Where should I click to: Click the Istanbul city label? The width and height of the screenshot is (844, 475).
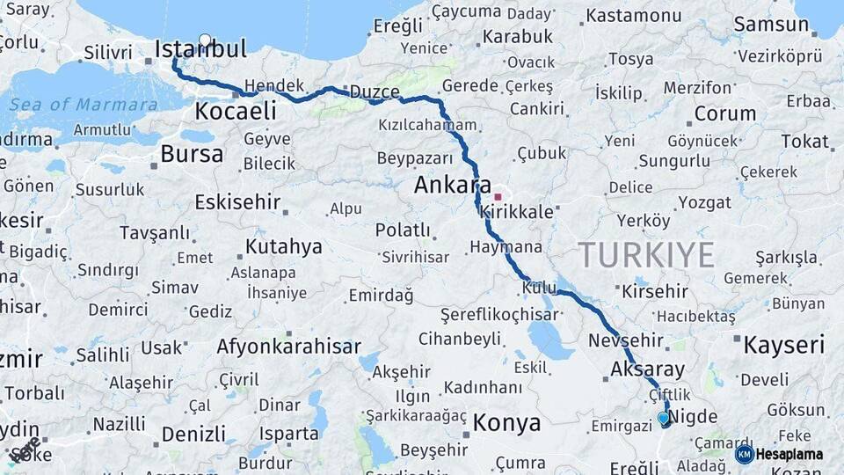(200, 50)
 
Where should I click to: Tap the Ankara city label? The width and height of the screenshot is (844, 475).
(452, 186)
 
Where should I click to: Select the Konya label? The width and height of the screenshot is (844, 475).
(506, 423)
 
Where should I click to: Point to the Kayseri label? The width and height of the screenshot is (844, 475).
(784, 345)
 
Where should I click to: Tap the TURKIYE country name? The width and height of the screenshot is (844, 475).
(646, 255)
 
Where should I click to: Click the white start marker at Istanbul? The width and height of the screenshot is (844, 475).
(205, 40)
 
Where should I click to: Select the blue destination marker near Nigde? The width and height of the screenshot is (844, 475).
(664, 419)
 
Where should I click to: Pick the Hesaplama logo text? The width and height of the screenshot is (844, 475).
(789, 455)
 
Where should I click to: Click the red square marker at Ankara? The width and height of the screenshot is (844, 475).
(498, 197)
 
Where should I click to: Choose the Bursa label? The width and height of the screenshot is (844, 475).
(192, 155)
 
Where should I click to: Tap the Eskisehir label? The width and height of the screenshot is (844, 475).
(237, 202)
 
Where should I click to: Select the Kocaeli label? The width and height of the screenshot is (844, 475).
(235, 112)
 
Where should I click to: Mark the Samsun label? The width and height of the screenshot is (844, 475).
(771, 25)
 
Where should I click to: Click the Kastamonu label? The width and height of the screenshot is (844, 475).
(634, 16)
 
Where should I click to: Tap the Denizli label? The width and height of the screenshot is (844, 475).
(194, 434)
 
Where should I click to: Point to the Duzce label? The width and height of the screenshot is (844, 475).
(375, 92)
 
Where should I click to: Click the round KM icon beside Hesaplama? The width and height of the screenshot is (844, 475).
(745, 455)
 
